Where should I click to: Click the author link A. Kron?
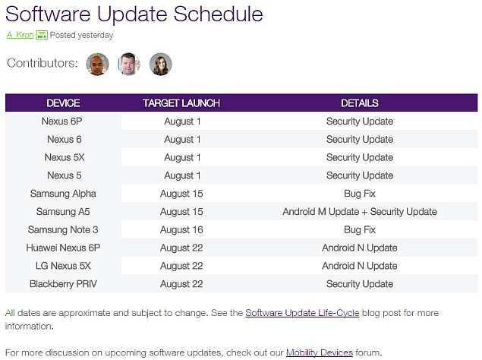(20, 35)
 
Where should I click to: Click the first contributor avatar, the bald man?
(97, 65)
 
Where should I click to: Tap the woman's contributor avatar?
(160, 65)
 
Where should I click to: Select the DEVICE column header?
(63, 103)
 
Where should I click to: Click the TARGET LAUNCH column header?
(181, 103)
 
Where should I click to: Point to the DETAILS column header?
(359, 103)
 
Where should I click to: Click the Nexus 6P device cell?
(64, 122)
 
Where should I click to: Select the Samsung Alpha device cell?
(64, 194)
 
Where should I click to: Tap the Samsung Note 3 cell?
(64, 229)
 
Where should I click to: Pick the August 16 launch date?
(181, 229)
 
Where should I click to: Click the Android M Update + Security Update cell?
(359, 212)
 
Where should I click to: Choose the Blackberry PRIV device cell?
(64, 284)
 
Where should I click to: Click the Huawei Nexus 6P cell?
(64, 248)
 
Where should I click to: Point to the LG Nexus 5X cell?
(64, 266)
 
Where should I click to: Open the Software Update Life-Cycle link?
(302, 313)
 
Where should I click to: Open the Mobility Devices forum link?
(319, 352)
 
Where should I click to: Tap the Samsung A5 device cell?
(64, 212)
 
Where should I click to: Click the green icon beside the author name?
(42, 35)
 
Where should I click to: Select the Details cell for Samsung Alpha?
(359, 194)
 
